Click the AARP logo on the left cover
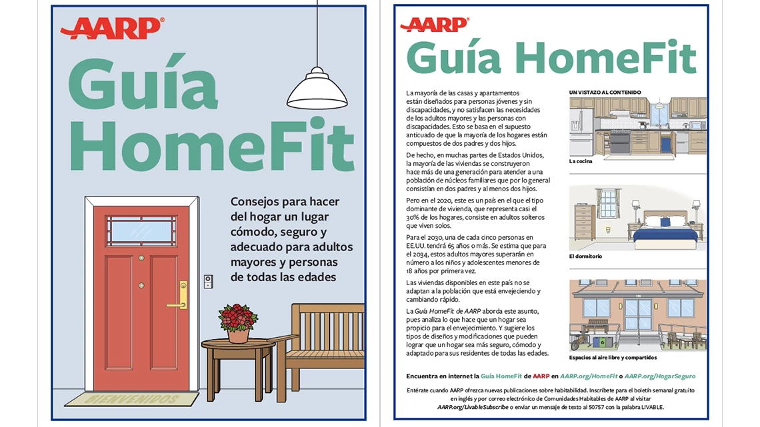coord(111,29)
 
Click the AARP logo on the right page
coord(435,25)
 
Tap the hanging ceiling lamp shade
coord(317,90)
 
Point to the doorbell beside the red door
coord(208,282)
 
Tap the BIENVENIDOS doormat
coord(131,399)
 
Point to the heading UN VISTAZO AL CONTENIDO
coord(605,92)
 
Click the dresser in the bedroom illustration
coord(584,222)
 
